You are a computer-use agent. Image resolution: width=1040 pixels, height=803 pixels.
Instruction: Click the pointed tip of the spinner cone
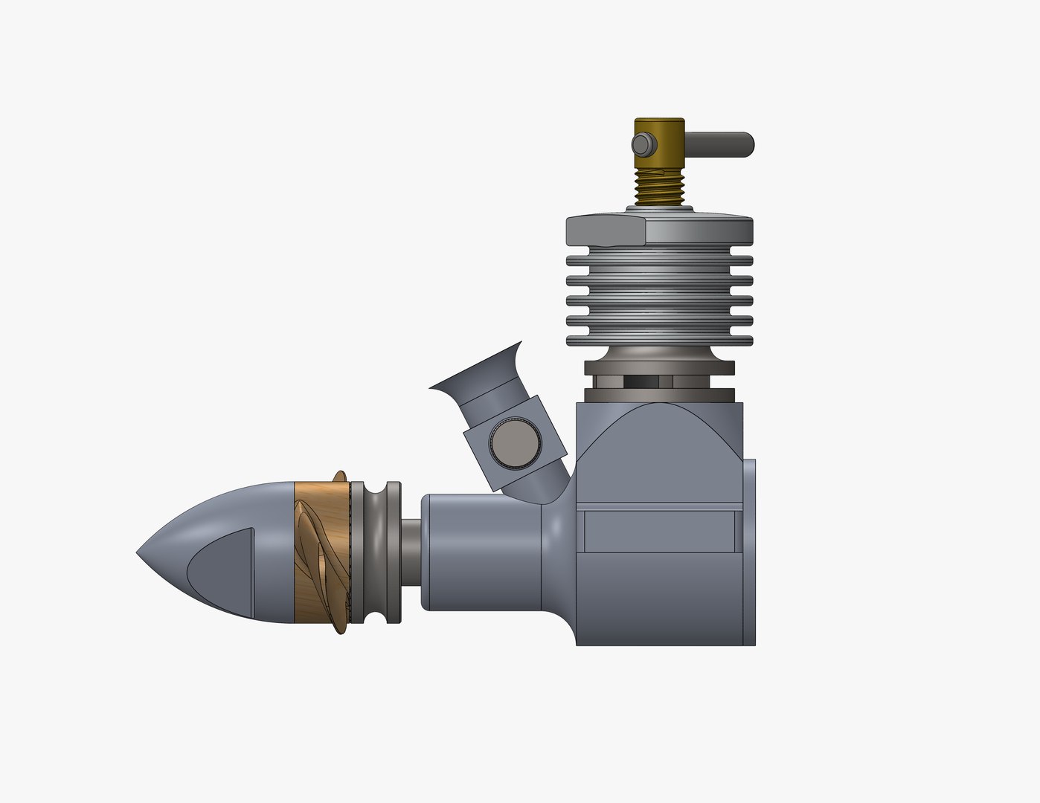pos(140,553)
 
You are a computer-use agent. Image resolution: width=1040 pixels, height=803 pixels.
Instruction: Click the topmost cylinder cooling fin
pos(659,262)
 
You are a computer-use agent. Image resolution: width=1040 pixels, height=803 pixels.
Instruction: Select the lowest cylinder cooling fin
pos(659,341)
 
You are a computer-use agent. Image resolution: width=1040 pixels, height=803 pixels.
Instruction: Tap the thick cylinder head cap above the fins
pos(659,230)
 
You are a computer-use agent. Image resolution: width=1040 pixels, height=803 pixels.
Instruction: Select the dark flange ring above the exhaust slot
pos(659,367)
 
